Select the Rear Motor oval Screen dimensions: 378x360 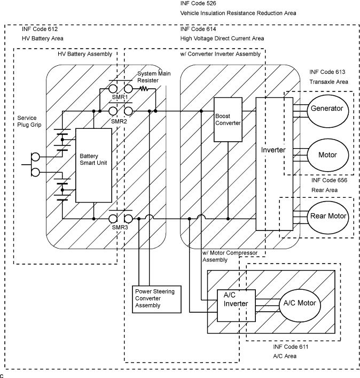[x=328, y=217]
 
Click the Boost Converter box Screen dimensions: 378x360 [x=228, y=119]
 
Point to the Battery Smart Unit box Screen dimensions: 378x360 [x=93, y=165]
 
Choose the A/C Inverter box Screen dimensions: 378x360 [x=236, y=304]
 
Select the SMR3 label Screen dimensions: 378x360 [x=120, y=227]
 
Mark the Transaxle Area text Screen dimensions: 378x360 [x=328, y=82]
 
